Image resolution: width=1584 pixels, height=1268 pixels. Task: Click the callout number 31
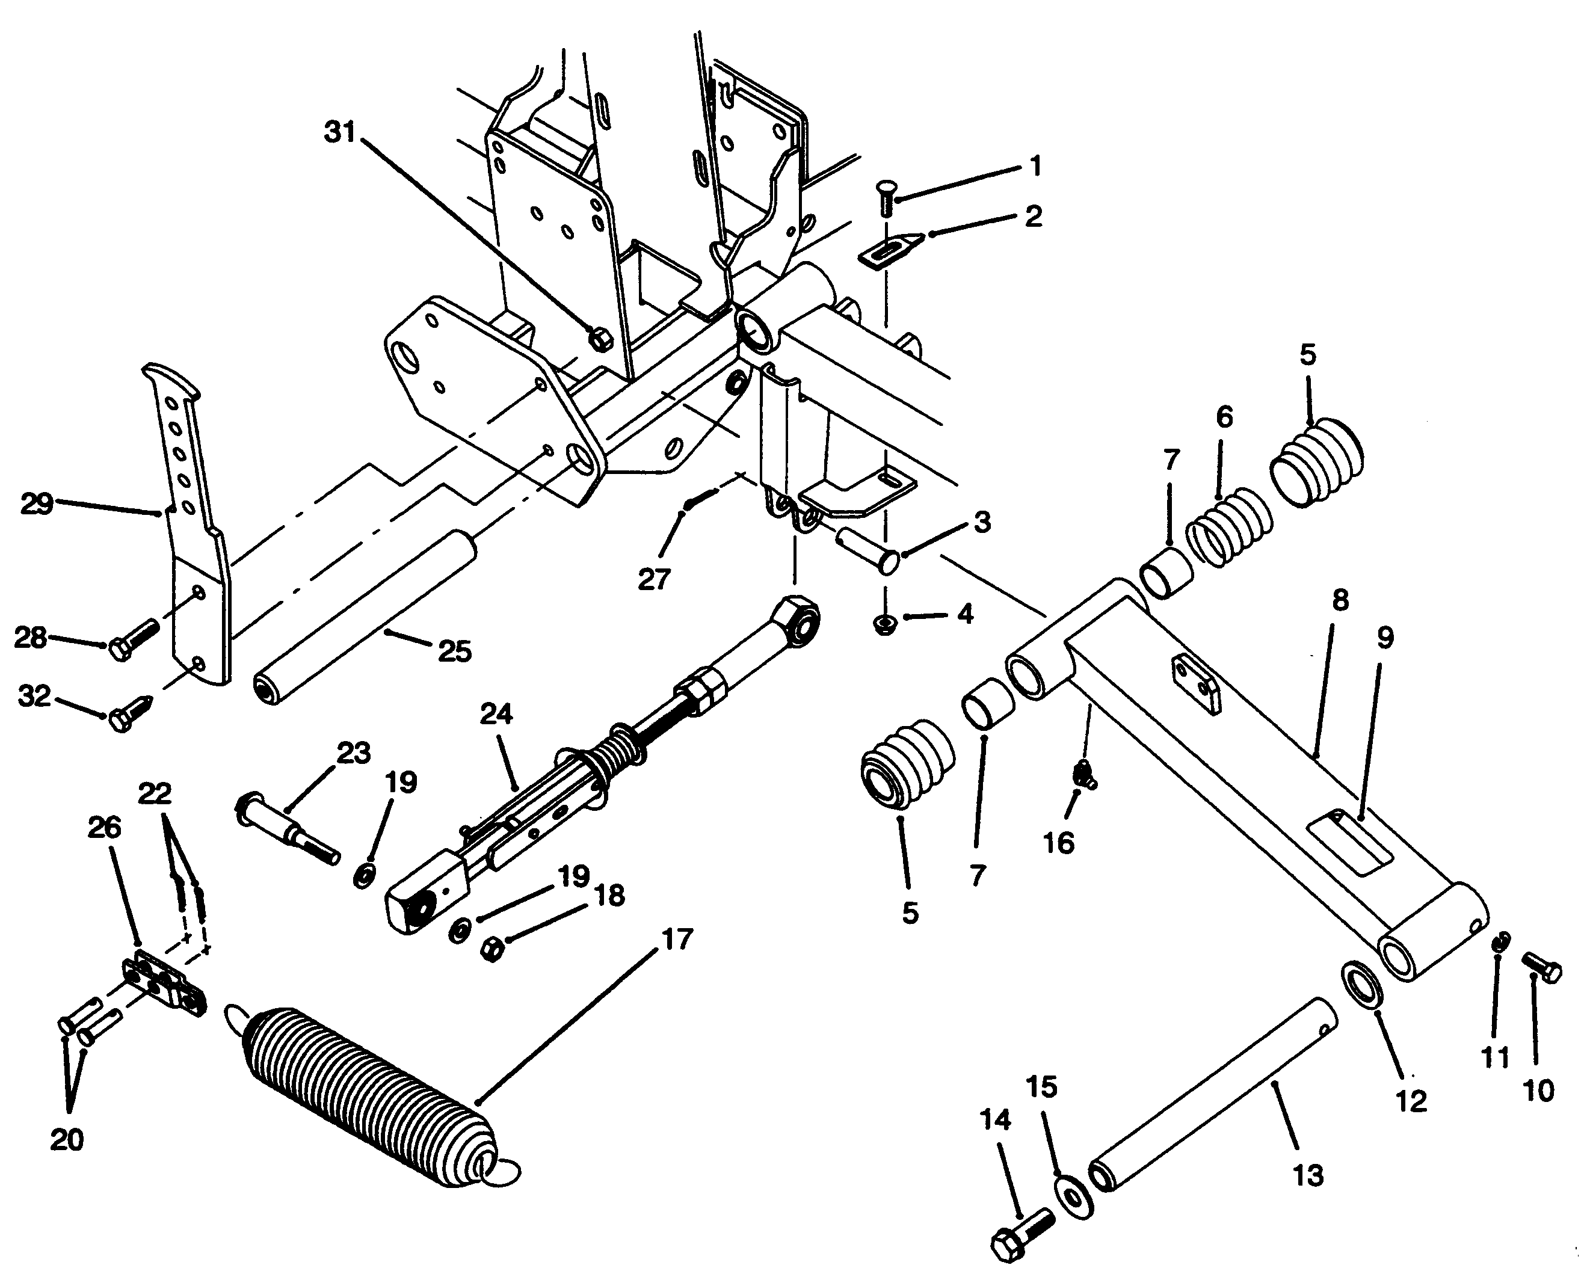click(339, 133)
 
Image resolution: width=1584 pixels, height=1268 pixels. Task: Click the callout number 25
click(454, 651)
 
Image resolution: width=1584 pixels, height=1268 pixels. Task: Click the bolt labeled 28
click(134, 640)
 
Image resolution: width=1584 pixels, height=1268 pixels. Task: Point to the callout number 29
click(37, 505)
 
